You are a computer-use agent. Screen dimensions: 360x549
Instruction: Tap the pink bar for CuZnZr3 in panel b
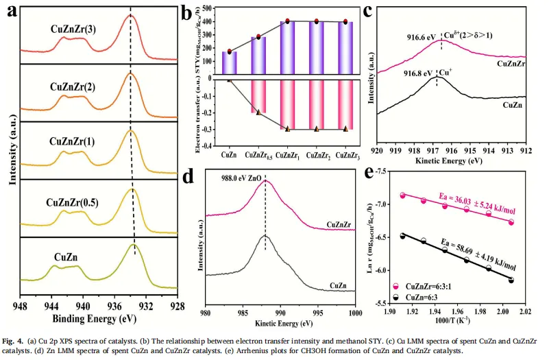[x=345, y=104]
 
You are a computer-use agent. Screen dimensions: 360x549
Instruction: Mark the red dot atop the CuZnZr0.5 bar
[x=258, y=36]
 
